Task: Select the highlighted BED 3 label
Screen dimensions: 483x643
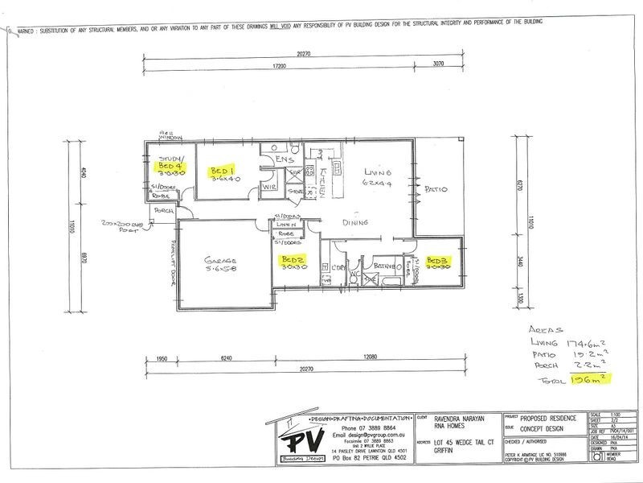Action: pos(437,262)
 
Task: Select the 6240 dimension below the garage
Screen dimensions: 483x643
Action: pos(228,357)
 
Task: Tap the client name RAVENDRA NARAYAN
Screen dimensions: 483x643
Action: pos(457,419)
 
